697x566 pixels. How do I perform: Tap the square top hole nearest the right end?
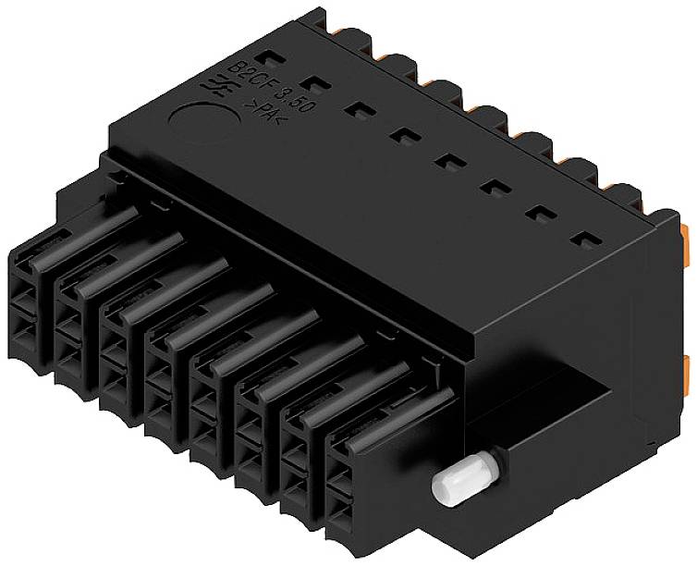(582, 240)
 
